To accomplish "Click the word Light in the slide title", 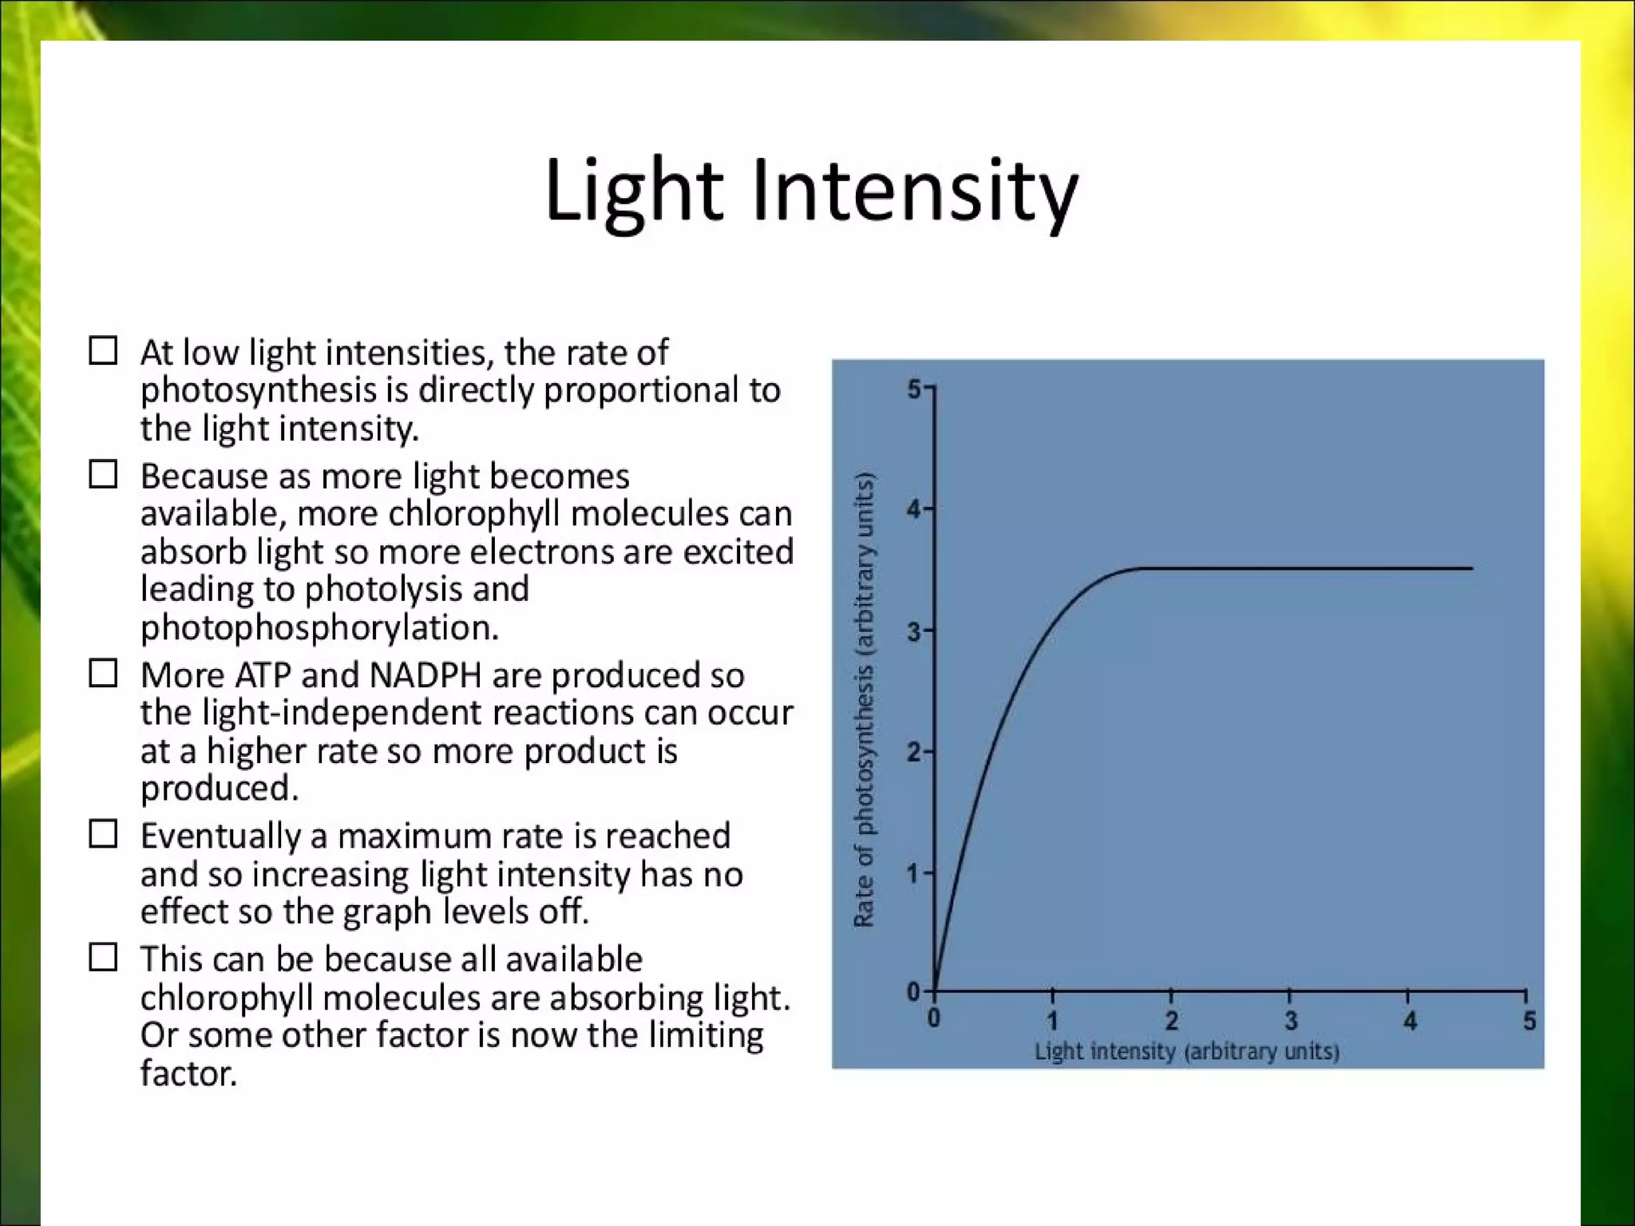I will [x=633, y=192].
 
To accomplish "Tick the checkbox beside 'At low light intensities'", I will [x=103, y=350].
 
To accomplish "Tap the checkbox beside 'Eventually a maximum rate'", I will [x=103, y=834].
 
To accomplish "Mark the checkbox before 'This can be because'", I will [x=103, y=957].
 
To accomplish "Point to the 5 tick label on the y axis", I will [x=914, y=390].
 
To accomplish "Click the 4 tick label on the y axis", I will [x=914, y=508].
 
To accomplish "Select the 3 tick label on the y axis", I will [x=914, y=632].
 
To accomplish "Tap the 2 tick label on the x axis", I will [x=1171, y=1021].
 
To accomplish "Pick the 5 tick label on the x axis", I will [x=1529, y=1021].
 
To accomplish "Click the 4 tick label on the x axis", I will [x=1410, y=1021].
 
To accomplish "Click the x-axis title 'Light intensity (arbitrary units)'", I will [x=1186, y=1051].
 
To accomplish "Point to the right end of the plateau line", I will [x=1471, y=568].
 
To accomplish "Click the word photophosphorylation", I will [x=319, y=628].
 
